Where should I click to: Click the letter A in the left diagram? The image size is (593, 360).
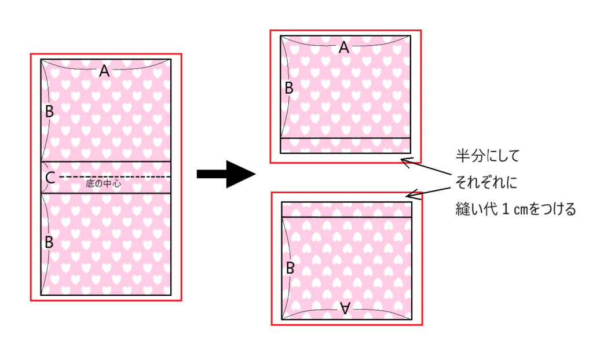(104, 71)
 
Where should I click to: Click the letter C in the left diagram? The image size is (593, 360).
(50, 178)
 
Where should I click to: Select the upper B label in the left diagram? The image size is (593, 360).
(49, 112)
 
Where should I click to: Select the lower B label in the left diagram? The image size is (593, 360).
(49, 242)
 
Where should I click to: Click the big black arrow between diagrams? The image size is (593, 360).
(226, 174)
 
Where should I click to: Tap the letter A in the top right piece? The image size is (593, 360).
(344, 48)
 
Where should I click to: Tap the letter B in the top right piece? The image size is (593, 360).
(290, 89)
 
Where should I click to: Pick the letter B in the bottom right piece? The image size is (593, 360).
(291, 268)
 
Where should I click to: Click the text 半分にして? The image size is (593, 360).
(488, 156)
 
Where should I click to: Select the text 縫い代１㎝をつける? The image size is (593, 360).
(515, 209)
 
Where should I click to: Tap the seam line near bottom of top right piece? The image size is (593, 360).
(345, 138)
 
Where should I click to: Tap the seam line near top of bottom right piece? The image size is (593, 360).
(346, 217)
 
